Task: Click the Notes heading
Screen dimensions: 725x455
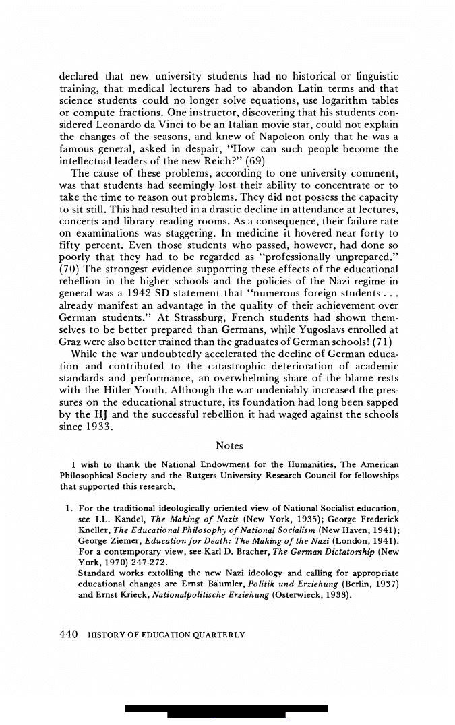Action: (229, 446)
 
